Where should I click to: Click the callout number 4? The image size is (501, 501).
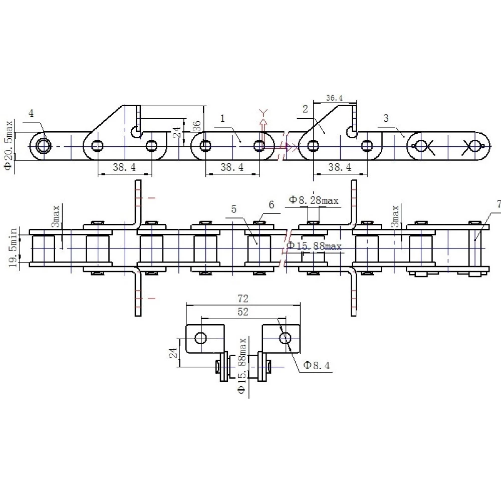[31, 113]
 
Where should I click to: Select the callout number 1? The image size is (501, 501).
[223, 119]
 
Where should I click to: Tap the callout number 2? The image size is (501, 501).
[305, 109]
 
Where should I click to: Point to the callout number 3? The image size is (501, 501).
[386, 118]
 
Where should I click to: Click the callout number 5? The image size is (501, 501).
[234, 209]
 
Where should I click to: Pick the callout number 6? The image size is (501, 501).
[271, 205]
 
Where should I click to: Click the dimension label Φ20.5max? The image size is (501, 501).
[9, 145]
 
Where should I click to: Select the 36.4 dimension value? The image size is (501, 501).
[335, 98]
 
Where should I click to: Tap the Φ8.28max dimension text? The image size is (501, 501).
[314, 200]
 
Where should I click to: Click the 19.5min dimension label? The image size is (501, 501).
[13, 247]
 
